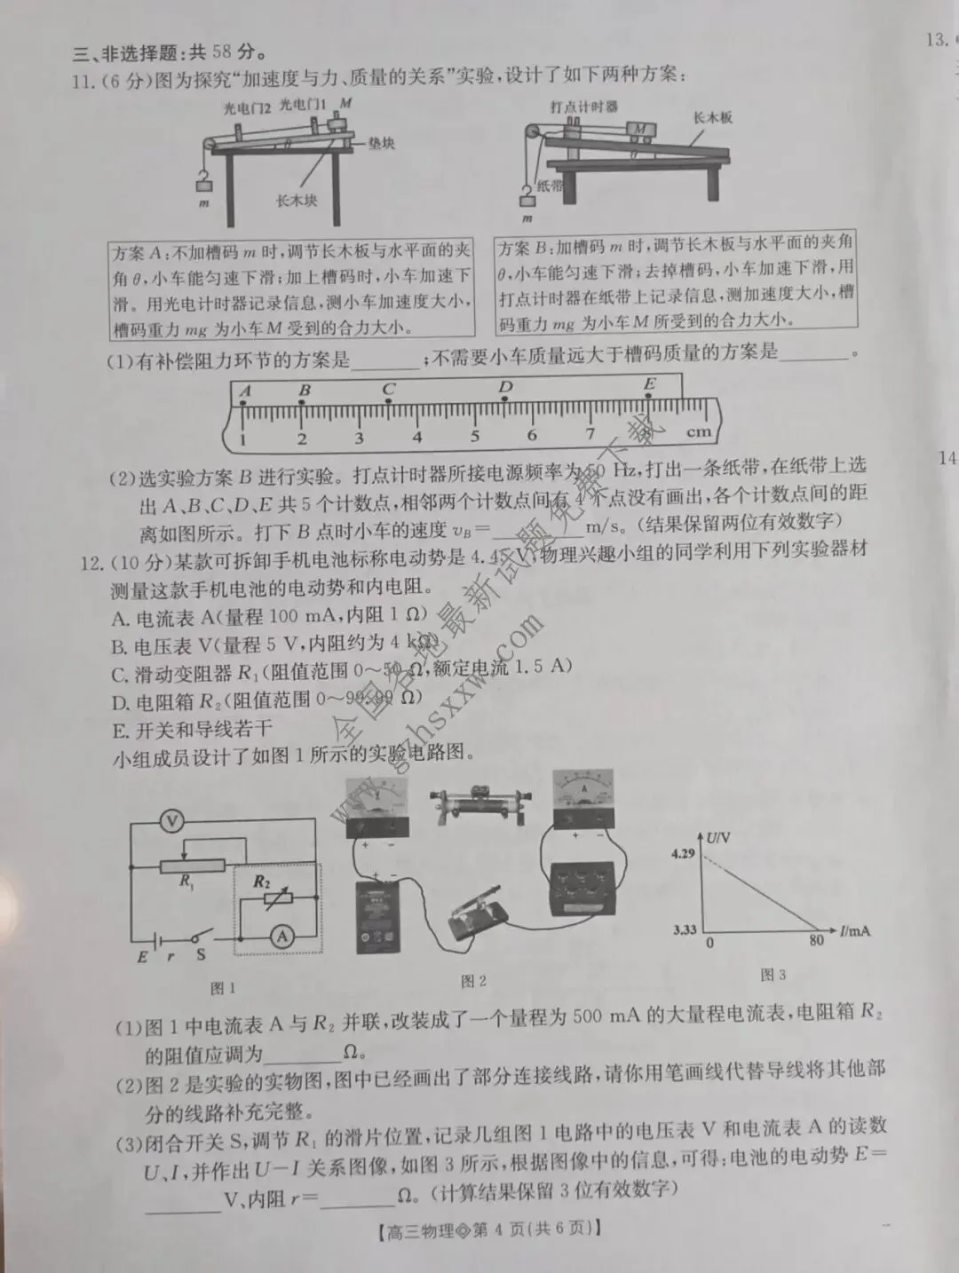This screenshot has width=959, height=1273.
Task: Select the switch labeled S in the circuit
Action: (201, 955)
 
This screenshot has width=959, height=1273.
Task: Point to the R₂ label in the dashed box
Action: (261, 882)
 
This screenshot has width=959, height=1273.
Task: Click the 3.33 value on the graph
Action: (684, 929)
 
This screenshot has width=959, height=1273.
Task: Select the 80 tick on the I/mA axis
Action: (816, 942)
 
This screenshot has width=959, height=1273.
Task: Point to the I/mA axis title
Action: (854, 930)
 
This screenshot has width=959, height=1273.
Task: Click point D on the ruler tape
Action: (505, 388)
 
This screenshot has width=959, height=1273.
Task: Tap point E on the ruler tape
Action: (650, 385)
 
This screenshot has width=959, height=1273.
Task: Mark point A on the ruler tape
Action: (245, 391)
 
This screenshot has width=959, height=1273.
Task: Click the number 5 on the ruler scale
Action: (475, 436)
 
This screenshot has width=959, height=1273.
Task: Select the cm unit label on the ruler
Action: (699, 432)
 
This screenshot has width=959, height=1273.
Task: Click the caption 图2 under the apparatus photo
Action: (473, 981)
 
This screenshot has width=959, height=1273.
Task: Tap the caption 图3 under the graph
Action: (773, 975)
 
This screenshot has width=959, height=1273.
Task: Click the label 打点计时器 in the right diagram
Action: (583, 107)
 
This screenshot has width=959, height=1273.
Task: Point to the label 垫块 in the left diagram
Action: (381, 143)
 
